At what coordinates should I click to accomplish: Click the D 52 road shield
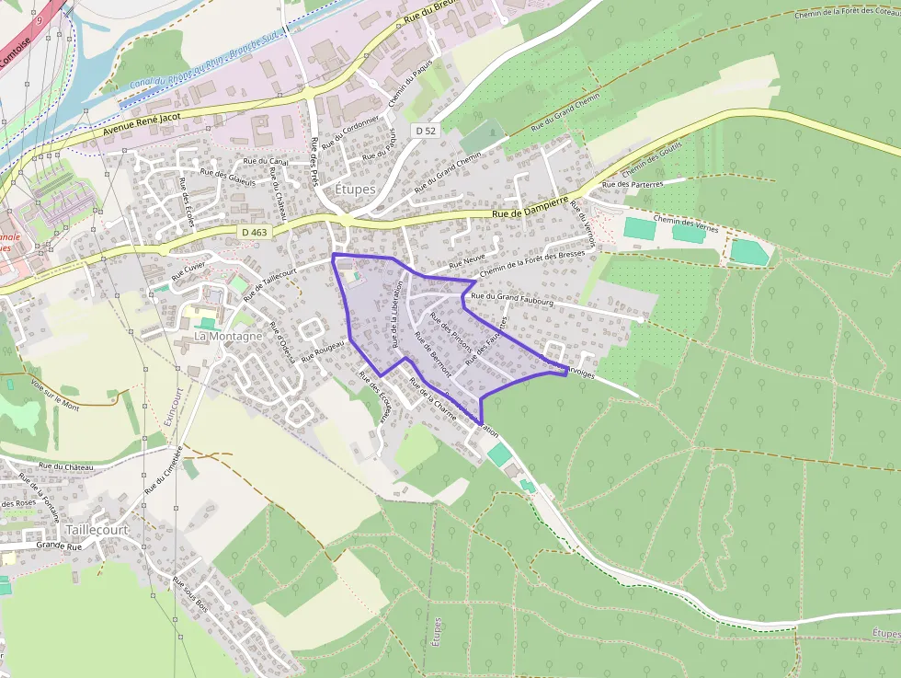click(425, 131)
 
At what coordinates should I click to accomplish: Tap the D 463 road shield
click(255, 233)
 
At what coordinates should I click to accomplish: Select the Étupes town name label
click(355, 189)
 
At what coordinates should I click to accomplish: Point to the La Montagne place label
click(228, 337)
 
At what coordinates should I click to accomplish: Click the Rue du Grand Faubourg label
click(511, 298)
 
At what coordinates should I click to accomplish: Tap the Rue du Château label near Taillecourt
click(66, 467)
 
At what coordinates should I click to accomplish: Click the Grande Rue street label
click(59, 546)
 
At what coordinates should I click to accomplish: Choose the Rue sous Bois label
click(189, 594)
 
